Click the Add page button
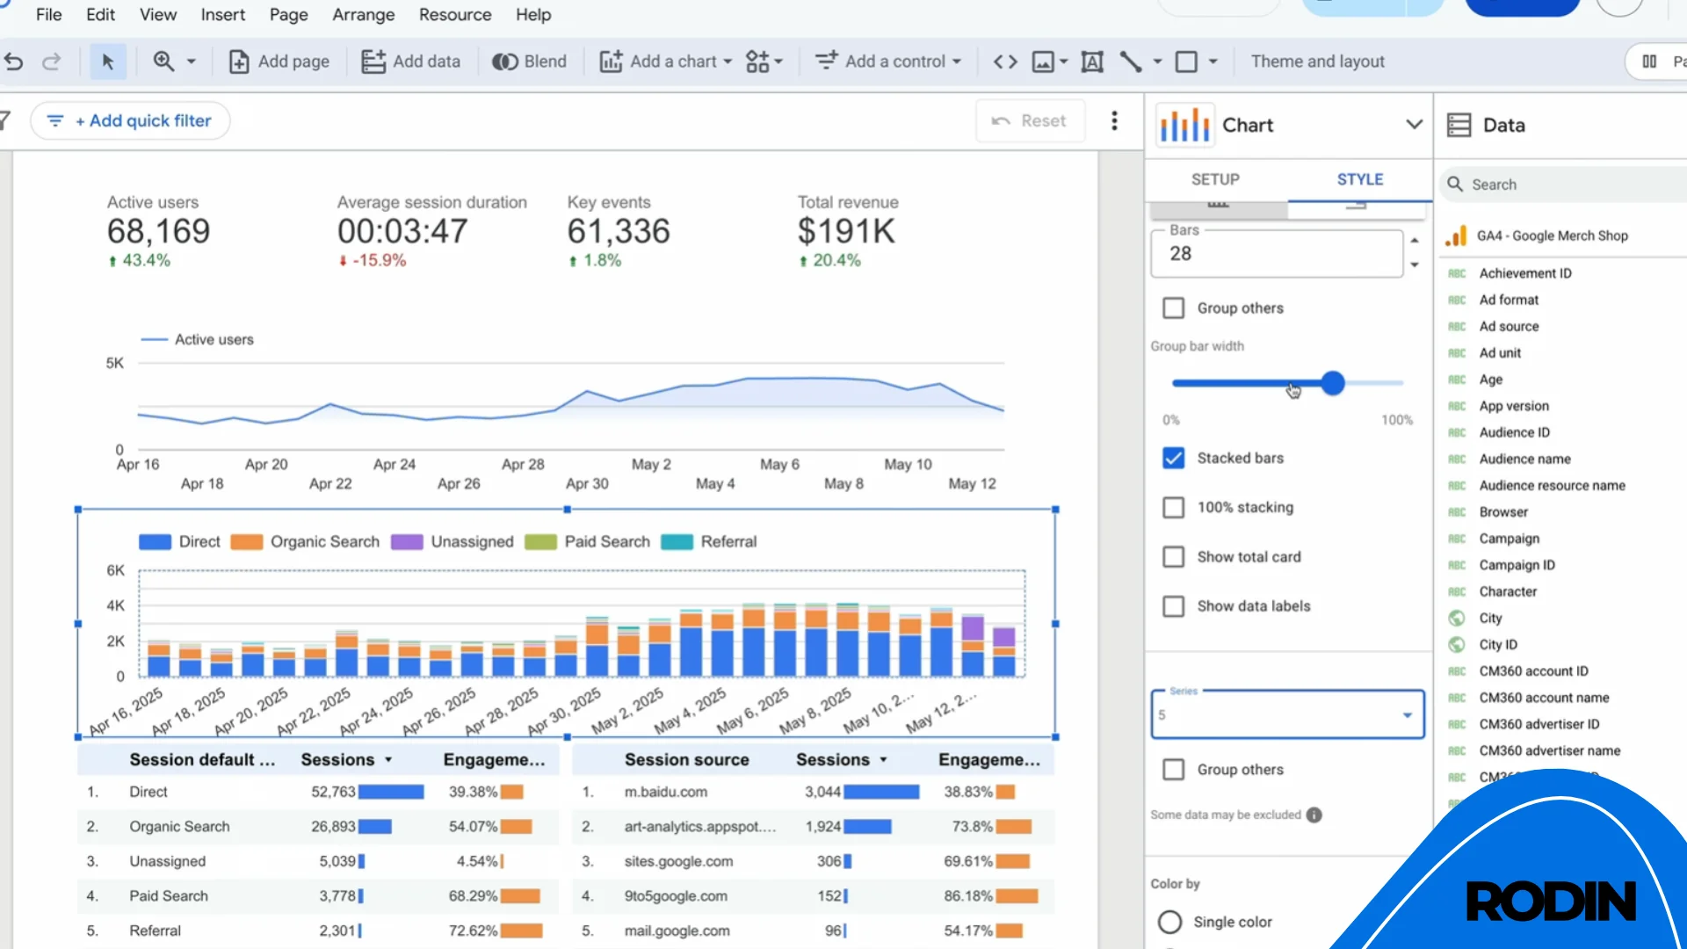pos(279,62)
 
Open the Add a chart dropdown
pos(666,62)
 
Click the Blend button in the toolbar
pos(529,62)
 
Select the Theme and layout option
pos(1317,62)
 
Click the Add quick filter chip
pos(130,121)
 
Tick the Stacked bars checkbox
pos(1173,459)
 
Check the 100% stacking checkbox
pos(1173,508)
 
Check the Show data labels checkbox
pos(1173,606)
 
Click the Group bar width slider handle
pos(1333,383)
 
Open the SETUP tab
pos(1215,179)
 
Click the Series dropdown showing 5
pos(1286,715)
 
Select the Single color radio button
pos(1169,922)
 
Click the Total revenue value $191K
pos(845,232)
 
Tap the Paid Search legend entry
pos(606,542)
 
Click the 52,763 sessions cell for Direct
pos(333,792)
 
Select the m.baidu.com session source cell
pos(665,792)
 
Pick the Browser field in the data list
pos(1502,512)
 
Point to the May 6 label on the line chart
pos(779,464)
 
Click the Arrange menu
pos(363,15)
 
